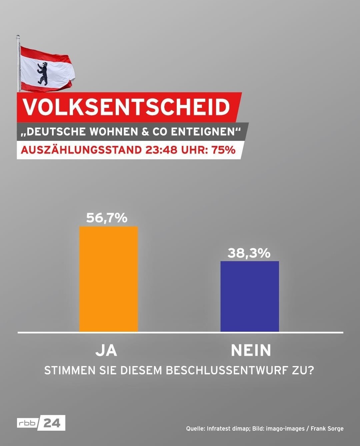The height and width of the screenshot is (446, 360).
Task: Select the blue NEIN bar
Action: pos(250,296)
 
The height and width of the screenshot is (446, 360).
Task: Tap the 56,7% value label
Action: pos(107,218)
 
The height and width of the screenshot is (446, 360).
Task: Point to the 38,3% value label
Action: pos(249,253)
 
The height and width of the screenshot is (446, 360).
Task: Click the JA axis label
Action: pos(106,350)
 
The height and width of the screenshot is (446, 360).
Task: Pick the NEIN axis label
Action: pos(251,350)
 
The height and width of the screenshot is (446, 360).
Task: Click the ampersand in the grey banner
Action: pos(145,132)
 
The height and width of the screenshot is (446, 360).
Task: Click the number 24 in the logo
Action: pos(52,423)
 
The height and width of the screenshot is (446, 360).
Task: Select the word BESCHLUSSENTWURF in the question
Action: pos(228,370)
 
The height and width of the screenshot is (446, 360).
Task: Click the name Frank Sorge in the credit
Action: pos(327,429)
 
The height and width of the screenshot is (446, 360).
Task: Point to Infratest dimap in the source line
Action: pos(228,429)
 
